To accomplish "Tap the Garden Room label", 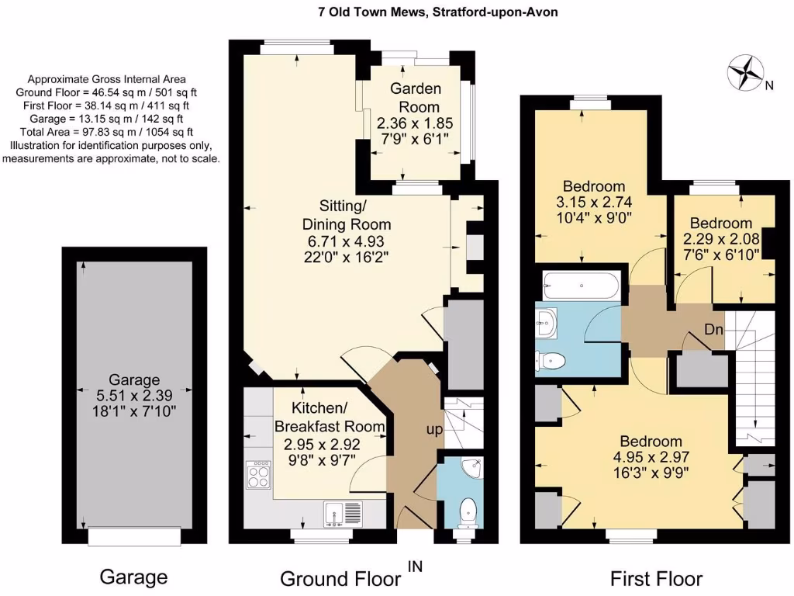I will [x=416, y=98].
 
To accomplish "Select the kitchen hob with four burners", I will [x=259, y=473].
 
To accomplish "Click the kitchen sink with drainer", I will [x=343, y=514].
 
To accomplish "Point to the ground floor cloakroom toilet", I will [x=468, y=513].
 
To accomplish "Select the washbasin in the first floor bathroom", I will [x=546, y=321].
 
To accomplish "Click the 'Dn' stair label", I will [x=713, y=330].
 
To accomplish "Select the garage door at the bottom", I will [x=134, y=535].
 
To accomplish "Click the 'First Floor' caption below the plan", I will [x=656, y=578].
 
